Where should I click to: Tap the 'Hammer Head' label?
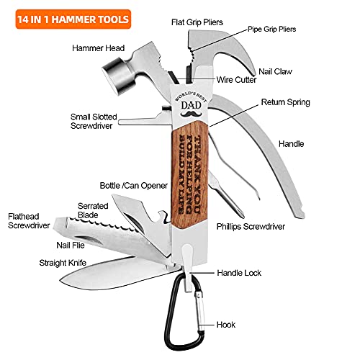click(95, 48)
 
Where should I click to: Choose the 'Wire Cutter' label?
click(237, 80)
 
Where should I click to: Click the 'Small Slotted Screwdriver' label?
click(96, 120)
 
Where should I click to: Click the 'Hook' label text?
click(226, 325)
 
